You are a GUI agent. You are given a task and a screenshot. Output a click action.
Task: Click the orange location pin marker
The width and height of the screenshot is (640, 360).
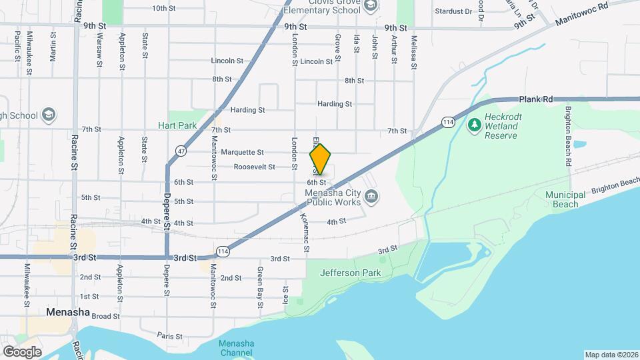[320, 159]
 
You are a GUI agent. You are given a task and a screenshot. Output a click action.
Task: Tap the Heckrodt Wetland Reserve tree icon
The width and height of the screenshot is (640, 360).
[474, 124]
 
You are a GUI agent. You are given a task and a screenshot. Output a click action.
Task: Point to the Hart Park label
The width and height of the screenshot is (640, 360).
[177, 125]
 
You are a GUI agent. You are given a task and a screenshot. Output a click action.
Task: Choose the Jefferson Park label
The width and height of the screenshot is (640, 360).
[345, 273]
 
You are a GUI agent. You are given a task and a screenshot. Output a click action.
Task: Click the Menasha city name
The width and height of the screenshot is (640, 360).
[68, 311]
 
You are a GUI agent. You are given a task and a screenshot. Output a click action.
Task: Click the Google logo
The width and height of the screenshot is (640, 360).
[22, 351]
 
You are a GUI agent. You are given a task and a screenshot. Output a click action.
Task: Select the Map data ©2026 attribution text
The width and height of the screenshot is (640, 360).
[611, 355]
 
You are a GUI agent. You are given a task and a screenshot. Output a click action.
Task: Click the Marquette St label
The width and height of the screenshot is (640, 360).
[242, 152]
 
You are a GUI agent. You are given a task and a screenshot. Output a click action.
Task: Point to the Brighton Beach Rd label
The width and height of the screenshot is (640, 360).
[569, 136]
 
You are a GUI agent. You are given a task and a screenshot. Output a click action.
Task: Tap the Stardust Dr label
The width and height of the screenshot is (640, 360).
[453, 11]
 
